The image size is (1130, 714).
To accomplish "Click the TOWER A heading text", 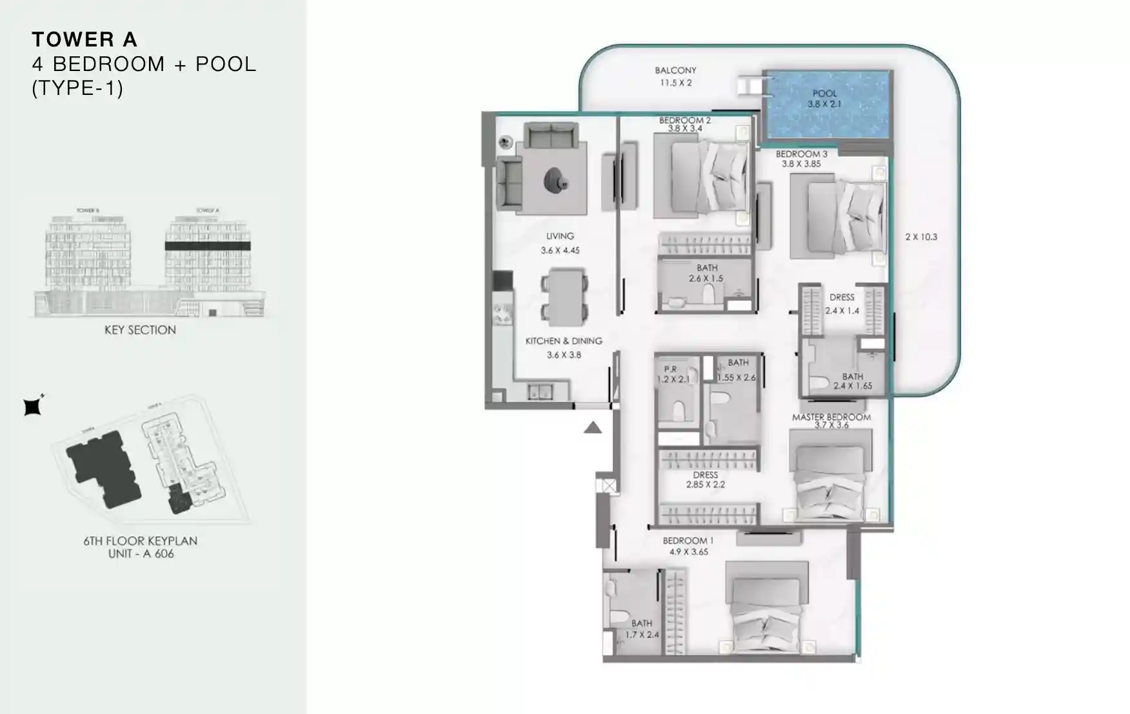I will (84, 40).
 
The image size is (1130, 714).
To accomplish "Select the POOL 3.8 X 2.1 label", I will (824, 99).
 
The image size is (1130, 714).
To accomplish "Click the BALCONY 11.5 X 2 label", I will (675, 76).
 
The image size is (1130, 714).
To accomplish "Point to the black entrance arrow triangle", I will (593, 427).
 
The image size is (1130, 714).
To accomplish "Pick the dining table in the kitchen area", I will (564, 296).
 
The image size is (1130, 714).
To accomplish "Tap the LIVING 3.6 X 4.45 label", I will (560, 243).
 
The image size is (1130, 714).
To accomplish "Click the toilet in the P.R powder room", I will (678, 411).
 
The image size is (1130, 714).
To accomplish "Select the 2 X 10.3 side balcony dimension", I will (921, 237).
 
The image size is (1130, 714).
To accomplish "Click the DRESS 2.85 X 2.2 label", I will (705, 480).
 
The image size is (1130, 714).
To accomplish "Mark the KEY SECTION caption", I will (140, 330).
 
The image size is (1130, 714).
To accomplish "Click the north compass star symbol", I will (33, 406).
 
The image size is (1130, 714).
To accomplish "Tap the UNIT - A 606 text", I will (141, 554).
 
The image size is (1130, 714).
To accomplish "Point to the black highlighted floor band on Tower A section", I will (207, 246).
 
